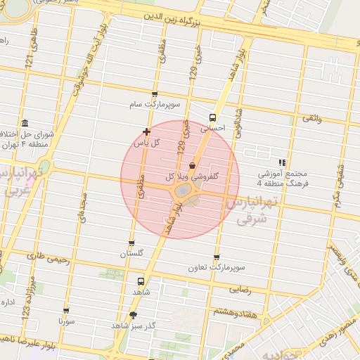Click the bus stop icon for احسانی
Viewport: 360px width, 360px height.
click(212, 118)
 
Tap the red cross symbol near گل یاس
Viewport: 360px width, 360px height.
click(146, 131)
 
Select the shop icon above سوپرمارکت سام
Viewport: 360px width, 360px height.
click(155, 94)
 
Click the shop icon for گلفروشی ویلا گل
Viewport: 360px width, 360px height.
click(192, 165)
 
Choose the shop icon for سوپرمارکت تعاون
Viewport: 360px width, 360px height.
click(216, 257)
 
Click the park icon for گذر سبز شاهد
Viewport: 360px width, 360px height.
click(134, 315)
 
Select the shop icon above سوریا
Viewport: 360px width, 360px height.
click(66, 310)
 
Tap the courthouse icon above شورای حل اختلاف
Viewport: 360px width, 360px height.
click(25, 123)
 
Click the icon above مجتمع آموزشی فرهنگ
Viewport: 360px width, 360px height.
click(282, 162)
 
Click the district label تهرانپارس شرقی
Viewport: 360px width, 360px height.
click(252, 211)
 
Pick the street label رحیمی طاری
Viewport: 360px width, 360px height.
click(52, 257)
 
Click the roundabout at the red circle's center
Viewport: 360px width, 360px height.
click(181, 191)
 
